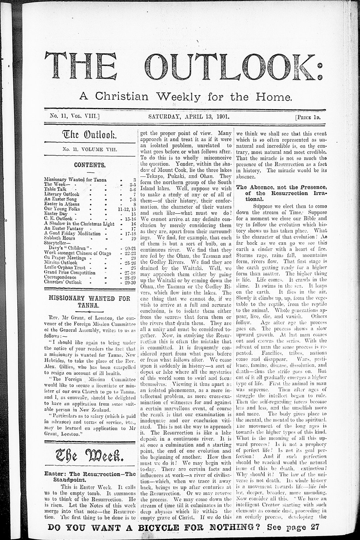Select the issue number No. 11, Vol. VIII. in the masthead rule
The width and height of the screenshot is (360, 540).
pos(72,116)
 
